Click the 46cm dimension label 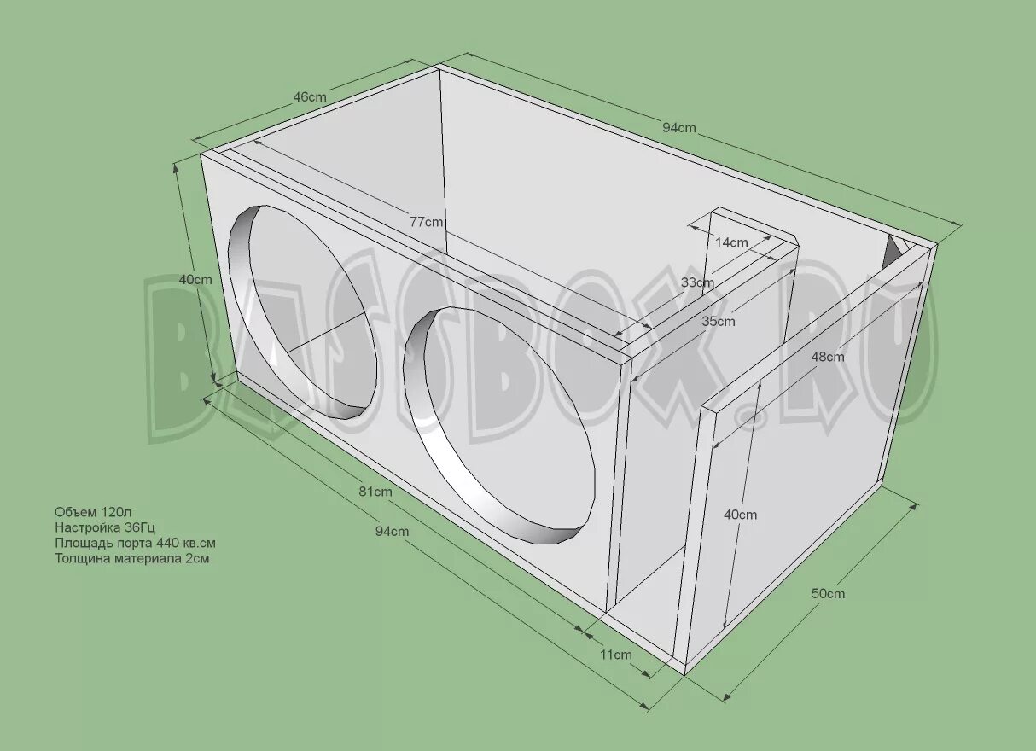click(310, 97)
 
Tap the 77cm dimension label click(426, 222)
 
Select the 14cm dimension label click(731, 242)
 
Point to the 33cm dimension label click(697, 282)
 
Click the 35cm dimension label click(719, 322)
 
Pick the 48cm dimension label click(828, 357)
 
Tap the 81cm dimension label click(375, 492)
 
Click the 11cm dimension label click(615, 655)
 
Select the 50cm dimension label click(828, 593)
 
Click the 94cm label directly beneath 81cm click(392, 531)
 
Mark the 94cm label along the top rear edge click(679, 128)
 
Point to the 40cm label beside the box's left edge click(195, 279)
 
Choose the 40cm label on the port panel click(740, 515)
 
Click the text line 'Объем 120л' click(93, 512)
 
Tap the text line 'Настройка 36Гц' click(105, 527)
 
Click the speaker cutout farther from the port click(302, 312)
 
